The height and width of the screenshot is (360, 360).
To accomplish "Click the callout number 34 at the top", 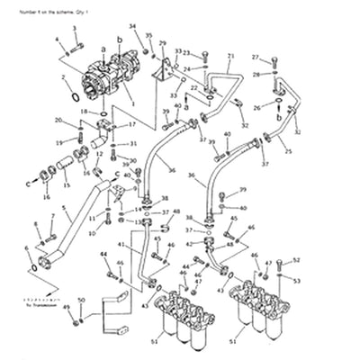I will point(132,26).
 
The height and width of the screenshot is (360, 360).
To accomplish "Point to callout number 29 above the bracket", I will point(162,43).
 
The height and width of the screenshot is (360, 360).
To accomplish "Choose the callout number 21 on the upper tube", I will point(229,56).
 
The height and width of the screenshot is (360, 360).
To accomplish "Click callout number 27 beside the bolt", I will point(255,56).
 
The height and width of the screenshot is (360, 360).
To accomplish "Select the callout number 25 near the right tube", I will point(288,152).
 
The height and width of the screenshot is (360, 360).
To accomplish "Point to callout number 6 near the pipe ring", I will point(26,247).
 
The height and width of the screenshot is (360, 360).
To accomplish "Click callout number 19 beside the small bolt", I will point(58,142).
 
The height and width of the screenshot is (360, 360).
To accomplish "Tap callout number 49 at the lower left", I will point(66,308).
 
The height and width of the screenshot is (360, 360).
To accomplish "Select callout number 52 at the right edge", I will point(297,260).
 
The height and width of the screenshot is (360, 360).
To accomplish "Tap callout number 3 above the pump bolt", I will point(75,29).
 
